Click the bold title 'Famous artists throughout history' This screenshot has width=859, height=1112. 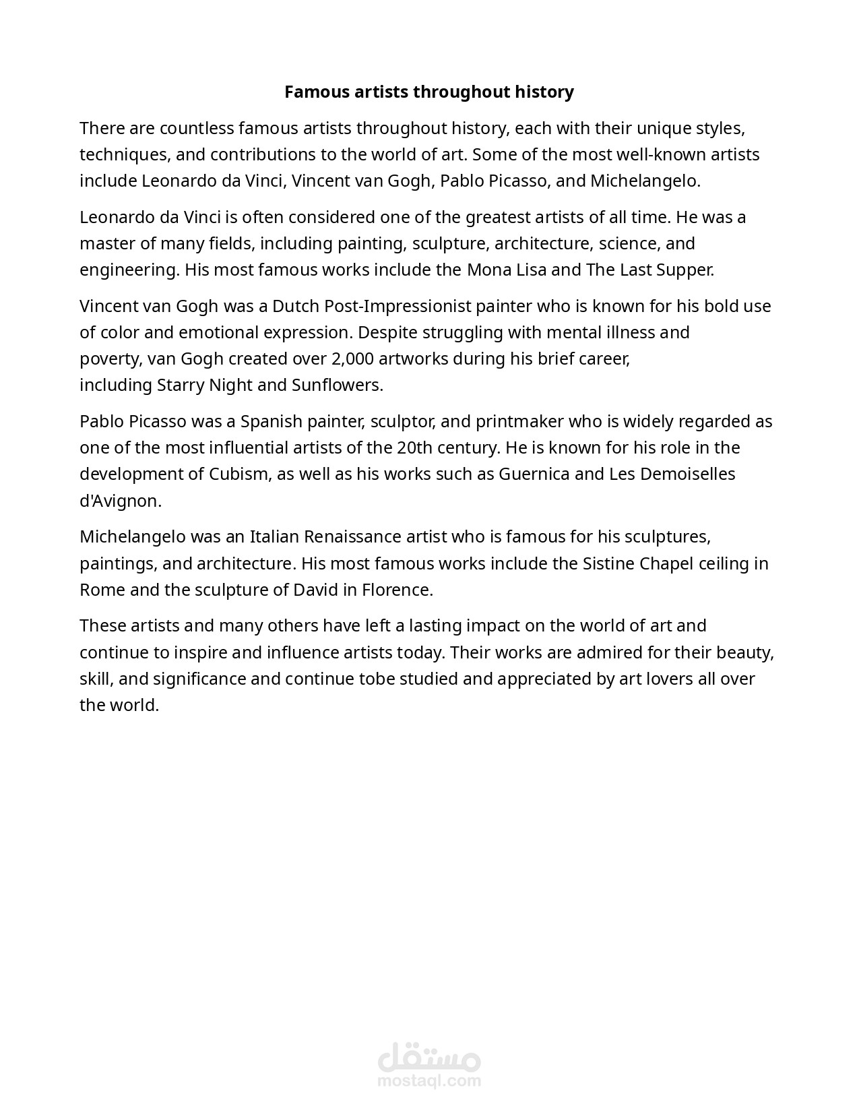(x=428, y=92)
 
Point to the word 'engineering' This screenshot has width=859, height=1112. (x=129, y=270)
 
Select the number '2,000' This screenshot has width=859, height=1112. (x=352, y=359)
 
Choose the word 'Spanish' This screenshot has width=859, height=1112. (x=272, y=421)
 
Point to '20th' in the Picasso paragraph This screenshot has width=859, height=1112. (x=413, y=447)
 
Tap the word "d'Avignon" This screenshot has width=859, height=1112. (x=119, y=501)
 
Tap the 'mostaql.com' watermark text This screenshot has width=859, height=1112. (x=429, y=1081)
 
